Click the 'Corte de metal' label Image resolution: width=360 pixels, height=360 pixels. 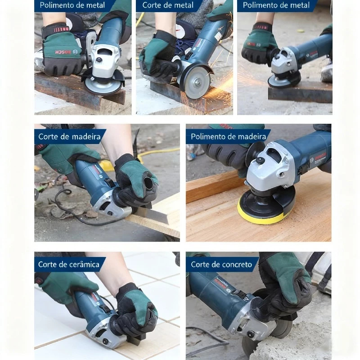pyautogui.click(x=168, y=5)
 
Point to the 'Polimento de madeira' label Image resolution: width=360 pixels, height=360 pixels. pyautogui.click(x=229, y=137)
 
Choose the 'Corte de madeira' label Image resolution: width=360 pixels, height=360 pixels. pyautogui.click(x=70, y=137)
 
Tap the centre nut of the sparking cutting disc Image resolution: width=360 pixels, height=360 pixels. pyautogui.click(x=198, y=81)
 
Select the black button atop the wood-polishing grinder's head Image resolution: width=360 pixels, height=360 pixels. pyautogui.click(x=260, y=161)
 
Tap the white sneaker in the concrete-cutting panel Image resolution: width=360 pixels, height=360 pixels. pyautogui.click(x=322, y=273)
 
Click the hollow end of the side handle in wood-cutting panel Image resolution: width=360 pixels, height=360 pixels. pyautogui.click(x=149, y=183)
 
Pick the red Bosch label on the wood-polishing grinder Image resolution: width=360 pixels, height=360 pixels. pyautogui.click(x=320, y=157)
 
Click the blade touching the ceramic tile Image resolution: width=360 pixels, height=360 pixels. pyautogui.click(x=135, y=340)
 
